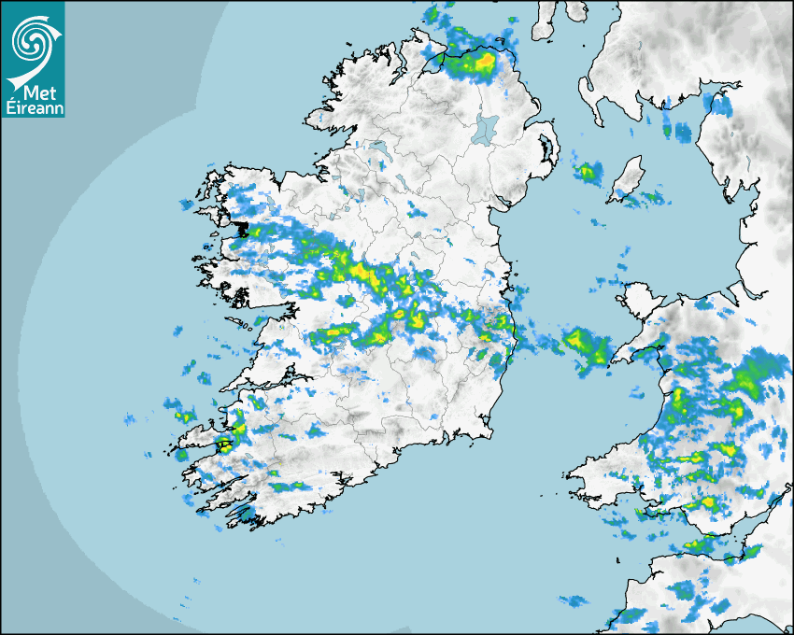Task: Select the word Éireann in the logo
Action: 33,108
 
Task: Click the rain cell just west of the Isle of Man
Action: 588,172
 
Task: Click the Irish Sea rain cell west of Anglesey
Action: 584,344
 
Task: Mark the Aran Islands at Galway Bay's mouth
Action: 247,326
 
